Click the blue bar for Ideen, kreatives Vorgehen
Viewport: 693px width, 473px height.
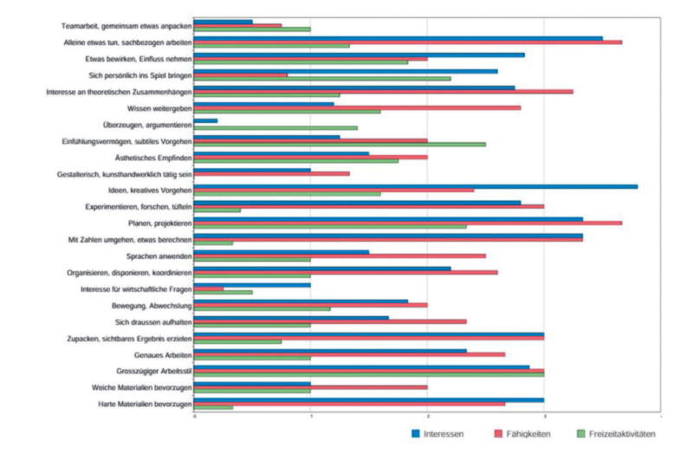click(416, 186)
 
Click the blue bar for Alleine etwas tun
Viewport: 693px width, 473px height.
click(398, 38)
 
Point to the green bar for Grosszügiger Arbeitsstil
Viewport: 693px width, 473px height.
click(368, 374)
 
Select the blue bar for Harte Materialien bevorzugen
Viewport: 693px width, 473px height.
click(368, 400)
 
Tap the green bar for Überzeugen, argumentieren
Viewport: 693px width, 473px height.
click(275, 128)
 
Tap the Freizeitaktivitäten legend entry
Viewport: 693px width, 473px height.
click(615, 433)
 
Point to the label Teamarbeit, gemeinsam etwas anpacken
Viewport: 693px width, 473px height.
click(126, 26)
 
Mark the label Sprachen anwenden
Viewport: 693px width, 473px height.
click(158, 256)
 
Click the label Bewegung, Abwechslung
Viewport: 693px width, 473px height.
click(151, 306)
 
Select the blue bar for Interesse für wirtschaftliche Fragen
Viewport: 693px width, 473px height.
click(251, 285)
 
